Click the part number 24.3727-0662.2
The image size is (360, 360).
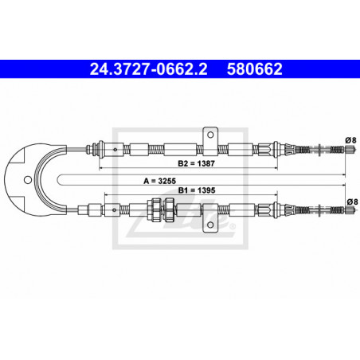click(148, 69)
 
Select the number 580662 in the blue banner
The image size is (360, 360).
click(255, 69)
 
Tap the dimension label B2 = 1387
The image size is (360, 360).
click(196, 163)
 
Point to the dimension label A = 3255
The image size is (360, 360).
click(160, 181)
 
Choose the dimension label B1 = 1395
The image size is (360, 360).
click(197, 190)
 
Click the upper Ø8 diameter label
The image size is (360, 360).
click(350, 140)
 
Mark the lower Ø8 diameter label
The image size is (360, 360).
click(352, 202)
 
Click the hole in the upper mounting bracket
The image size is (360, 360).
click(210, 135)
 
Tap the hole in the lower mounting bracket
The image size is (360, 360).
click(210, 225)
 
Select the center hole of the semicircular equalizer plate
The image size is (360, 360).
click(28, 180)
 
